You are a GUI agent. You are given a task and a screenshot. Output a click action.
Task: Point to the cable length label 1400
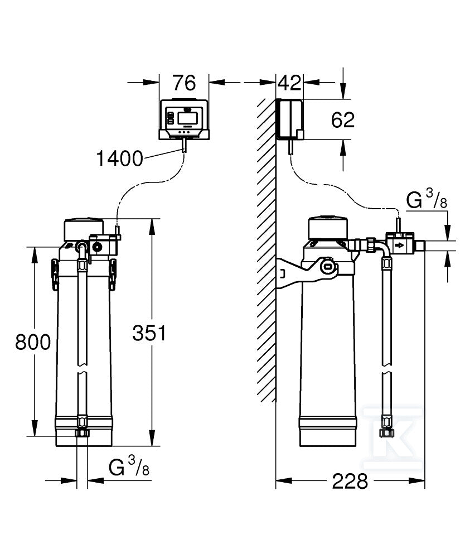[119, 159]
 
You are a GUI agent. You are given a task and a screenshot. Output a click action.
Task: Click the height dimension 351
[149, 333]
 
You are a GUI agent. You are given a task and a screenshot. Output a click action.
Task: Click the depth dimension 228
[350, 480]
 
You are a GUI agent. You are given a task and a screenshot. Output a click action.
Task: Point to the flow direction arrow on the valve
[399, 245]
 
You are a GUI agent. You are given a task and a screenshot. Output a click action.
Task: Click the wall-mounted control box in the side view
[290, 119]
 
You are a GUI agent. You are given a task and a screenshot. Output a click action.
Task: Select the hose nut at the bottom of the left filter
[82, 434]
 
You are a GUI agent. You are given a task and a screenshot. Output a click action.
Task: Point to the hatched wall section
[266, 251]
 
